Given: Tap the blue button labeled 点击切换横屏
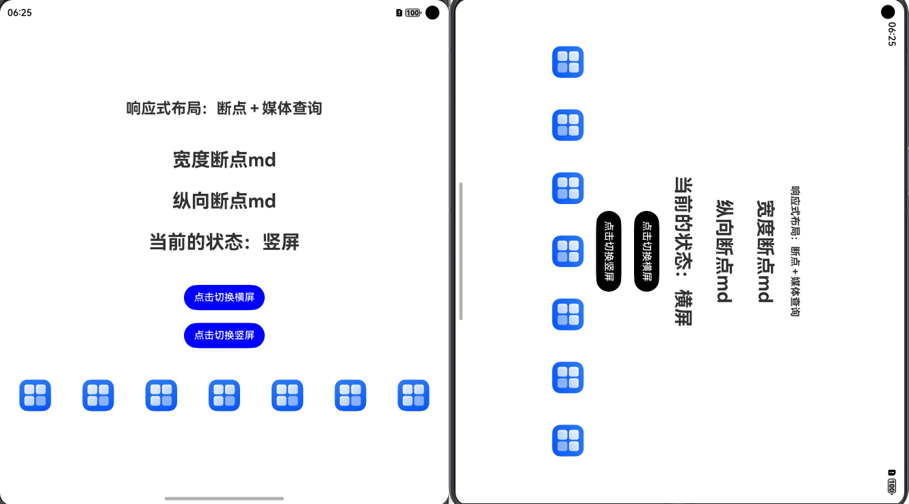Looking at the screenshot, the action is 224,297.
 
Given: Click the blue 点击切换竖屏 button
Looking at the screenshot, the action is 224,336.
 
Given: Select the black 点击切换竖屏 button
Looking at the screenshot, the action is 609,251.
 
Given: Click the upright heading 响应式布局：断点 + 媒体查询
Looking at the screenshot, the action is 224,108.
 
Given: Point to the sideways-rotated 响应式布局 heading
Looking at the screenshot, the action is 795,251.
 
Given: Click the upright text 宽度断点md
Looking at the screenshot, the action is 224,160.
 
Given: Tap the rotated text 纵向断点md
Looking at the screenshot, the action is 724,251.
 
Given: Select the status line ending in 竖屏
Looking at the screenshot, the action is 224,242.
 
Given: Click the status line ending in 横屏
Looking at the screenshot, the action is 683,251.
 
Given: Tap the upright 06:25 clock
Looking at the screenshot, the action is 20,12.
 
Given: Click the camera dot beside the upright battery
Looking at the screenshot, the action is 432,12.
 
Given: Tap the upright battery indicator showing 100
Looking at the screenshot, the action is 412,12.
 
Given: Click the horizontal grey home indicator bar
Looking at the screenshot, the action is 224,499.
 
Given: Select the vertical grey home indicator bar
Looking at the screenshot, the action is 461,251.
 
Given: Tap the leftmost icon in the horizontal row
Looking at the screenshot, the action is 35,395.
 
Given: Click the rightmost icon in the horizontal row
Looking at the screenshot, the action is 413,395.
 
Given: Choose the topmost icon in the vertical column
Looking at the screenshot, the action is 568,62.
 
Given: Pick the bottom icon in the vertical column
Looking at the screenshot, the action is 568,440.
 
